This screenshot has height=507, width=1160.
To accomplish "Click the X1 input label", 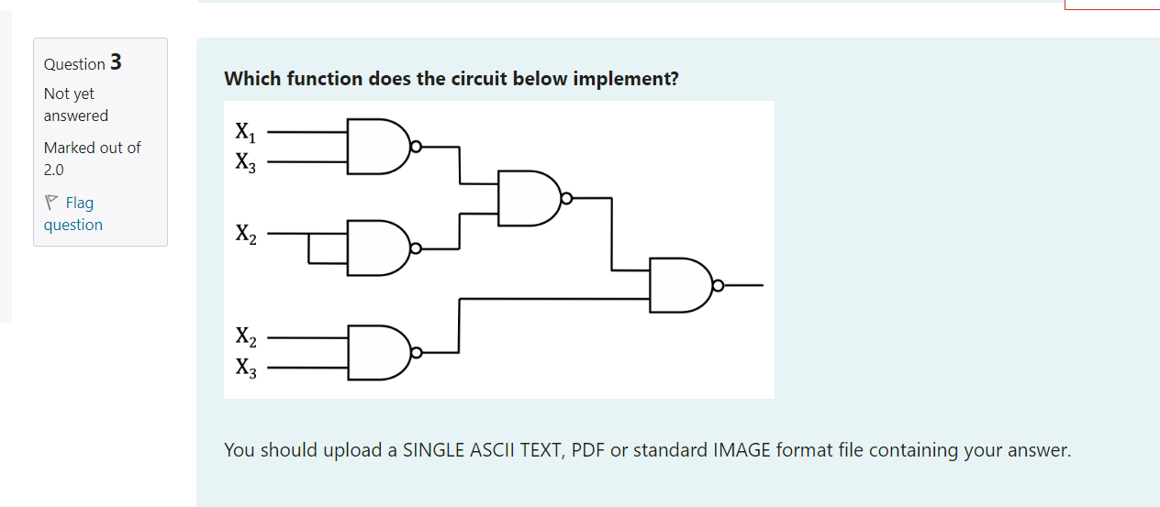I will tap(245, 132).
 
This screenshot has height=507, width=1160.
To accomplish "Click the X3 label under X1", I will tap(245, 163).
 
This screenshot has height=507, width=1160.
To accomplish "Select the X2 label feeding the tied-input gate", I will tap(245, 235).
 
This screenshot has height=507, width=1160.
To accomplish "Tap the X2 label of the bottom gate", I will tap(245, 336).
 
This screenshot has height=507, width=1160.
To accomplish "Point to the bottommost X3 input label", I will tap(245, 369).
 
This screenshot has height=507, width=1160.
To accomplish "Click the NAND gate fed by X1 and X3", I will tap(376, 146).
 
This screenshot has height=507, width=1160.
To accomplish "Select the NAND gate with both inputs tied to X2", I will tap(376, 248).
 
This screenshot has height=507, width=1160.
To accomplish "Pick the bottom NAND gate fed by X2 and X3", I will tap(376, 352).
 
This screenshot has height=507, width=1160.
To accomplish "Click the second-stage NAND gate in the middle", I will tap(528, 197).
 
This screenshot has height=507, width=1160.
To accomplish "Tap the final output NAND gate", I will tap(679, 285).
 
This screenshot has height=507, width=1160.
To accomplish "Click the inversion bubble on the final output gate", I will tap(718, 286).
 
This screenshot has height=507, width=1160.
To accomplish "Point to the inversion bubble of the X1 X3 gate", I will tap(417, 146).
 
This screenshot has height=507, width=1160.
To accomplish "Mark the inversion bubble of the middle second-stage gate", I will tap(566, 197).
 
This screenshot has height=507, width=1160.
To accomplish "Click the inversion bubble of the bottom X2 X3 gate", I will tap(417, 352).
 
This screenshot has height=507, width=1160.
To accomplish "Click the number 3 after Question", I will tap(116, 62).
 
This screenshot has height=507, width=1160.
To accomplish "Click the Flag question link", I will tap(72, 214).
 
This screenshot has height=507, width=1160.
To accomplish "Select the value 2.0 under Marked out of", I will tap(54, 170).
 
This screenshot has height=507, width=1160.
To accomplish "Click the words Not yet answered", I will tap(75, 105).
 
